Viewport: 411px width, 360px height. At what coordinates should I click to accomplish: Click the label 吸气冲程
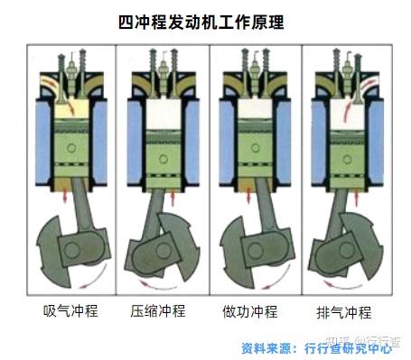point(70,311)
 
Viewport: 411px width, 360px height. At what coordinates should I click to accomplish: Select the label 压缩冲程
point(158,311)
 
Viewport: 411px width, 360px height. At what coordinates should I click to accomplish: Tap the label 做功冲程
point(249,311)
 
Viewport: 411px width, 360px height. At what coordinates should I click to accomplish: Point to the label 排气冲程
point(344,312)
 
